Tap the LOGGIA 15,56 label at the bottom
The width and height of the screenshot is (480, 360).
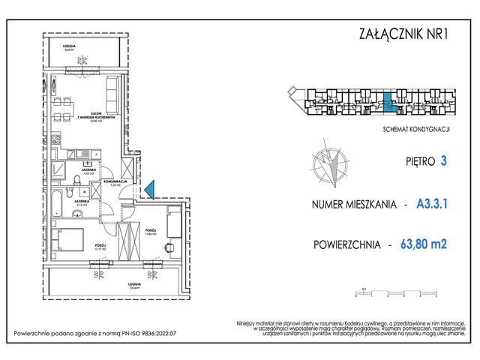tap(114, 286)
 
